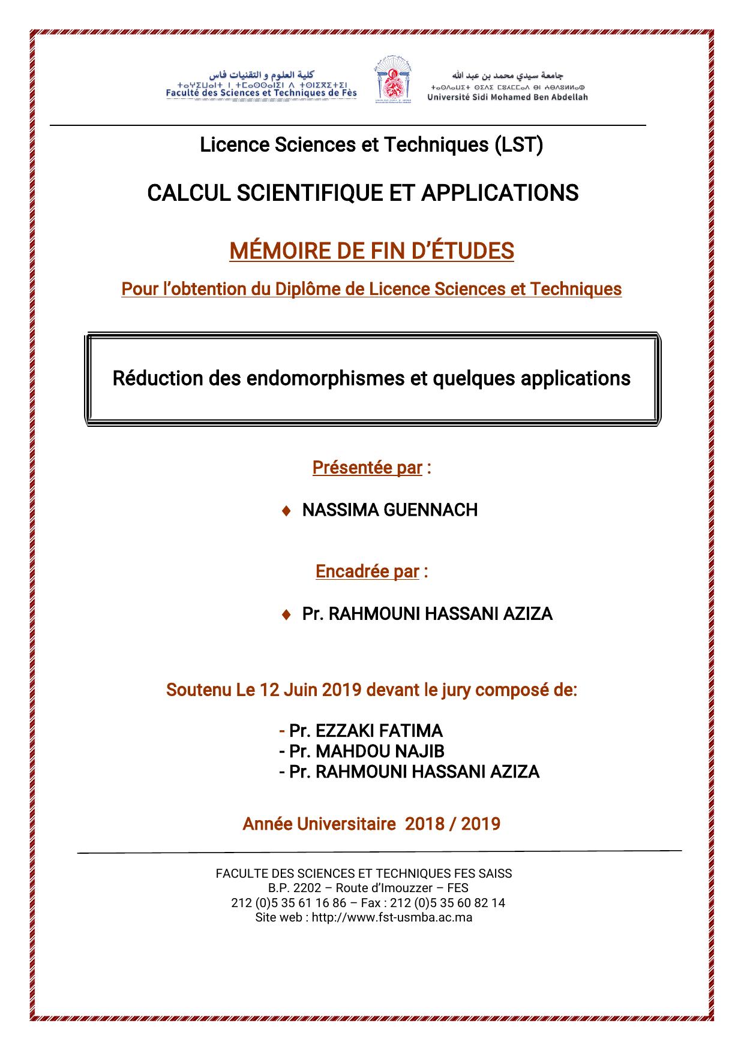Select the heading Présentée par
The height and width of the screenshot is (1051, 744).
pos(367,468)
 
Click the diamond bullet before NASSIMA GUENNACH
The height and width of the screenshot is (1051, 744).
pos(286,511)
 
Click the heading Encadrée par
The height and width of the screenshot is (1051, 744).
pos(367,571)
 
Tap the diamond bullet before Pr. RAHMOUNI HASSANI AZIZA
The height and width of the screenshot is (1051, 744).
pos(286,615)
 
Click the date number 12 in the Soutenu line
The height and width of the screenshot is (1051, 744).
pos(268,690)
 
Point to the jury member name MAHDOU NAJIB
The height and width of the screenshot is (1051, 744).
pos(380,751)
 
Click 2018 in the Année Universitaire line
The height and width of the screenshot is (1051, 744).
pos(425,824)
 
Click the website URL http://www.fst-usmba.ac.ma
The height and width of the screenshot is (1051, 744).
pos(392,917)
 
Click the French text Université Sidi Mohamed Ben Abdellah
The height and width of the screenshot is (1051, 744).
pos(508,97)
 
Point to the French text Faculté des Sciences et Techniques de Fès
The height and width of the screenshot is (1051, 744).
pos(261,93)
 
